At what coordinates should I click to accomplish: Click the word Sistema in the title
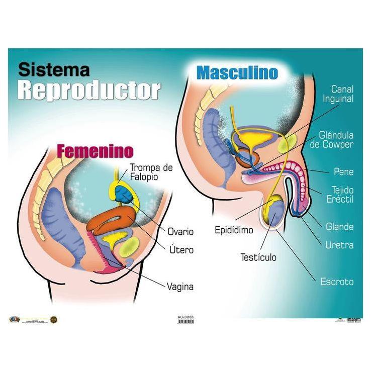pyautogui.click(x=54, y=70)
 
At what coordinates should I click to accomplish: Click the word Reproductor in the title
pyautogui.click(x=88, y=90)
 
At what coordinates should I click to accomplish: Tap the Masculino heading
pyautogui.click(x=237, y=72)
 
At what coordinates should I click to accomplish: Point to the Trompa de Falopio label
pyautogui.click(x=151, y=172)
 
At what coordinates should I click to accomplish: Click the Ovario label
pyautogui.click(x=180, y=232)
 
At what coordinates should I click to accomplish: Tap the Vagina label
pyautogui.click(x=180, y=287)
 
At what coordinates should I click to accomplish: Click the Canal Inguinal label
pyautogui.click(x=338, y=95)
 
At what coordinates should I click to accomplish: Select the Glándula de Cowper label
pyautogui.click(x=336, y=140)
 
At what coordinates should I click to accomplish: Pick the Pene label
pyautogui.click(x=344, y=172)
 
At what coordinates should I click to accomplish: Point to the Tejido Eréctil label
pyautogui.click(x=342, y=195)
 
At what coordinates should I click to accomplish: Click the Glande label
pyautogui.click(x=339, y=227)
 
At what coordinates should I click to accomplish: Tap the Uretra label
pyautogui.click(x=339, y=246)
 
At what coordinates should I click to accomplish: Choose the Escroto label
pyautogui.click(x=337, y=282)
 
